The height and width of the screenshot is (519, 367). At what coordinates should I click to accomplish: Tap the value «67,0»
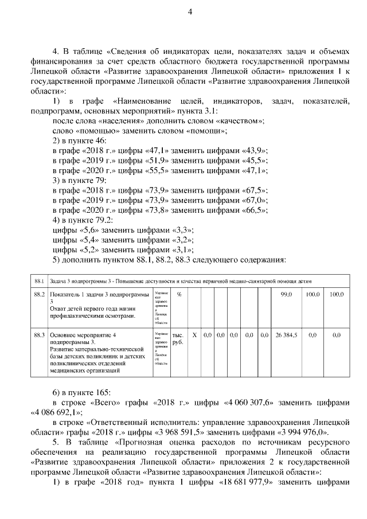[x=253, y=200]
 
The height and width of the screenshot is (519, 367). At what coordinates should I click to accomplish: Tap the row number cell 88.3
[x=39, y=334]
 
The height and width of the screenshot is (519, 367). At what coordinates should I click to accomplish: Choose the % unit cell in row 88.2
[x=179, y=294]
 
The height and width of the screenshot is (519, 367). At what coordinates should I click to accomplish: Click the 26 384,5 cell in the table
[x=286, y=334]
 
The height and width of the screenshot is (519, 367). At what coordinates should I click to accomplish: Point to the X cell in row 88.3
[x=194, y=334]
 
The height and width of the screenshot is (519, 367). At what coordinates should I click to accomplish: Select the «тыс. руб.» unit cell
[x=178, y=338]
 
